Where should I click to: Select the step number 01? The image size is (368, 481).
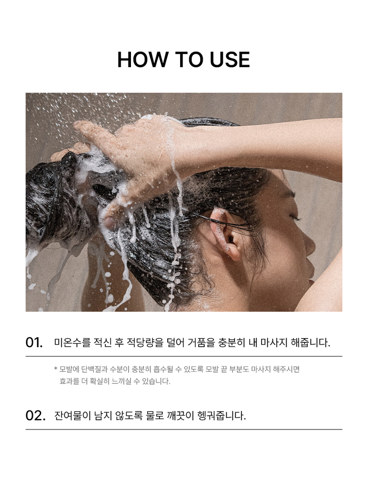tap(34, 343)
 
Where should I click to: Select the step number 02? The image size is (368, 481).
tap(35, 416)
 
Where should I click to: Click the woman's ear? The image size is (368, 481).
tap(225, 233)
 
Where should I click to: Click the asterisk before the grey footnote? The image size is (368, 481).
tap(56, 368)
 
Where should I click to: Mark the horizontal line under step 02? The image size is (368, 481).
tap(184, 430)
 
